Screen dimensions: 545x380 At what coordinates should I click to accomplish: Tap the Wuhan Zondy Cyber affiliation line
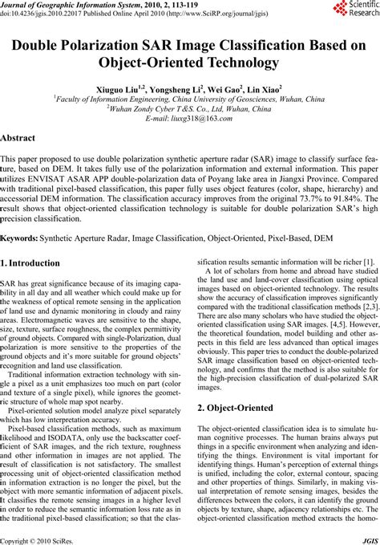(x=189, y=108)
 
